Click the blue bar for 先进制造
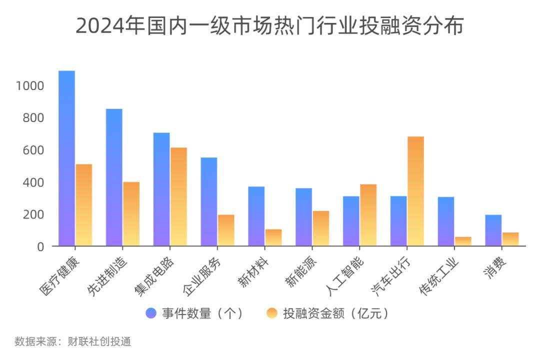[x=114, y=177]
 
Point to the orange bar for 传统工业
[x=463, y=241]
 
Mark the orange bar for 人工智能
[x=368, y=215]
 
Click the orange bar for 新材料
[x=273, y=237]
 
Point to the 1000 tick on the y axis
[x=30, y=86]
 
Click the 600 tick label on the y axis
[x=34, y=150]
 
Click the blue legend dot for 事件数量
[x=151, y=313]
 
